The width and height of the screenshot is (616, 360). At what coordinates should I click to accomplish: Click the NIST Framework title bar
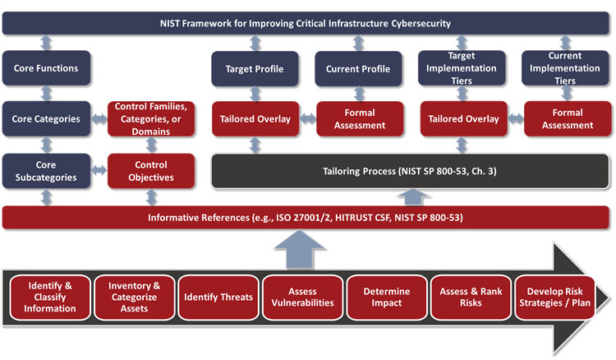pyautogui.click(x=306, y=23)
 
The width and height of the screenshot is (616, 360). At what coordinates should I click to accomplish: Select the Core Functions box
pyautogui.click(x=46, y=68)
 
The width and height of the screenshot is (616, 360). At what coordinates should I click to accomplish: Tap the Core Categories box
pyautogui.click(x=46, y=119)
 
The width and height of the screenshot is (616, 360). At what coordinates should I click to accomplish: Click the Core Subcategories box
pyautogui.click(x=46, y=170)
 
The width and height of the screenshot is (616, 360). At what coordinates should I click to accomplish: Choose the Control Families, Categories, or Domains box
pyautogui.click(x=151, y=119)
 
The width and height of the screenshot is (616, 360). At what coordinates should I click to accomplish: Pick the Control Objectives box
pyautogui.click(x=151, y=170)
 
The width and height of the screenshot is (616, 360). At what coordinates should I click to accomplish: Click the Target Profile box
pyautogui.click(x=255, y=68)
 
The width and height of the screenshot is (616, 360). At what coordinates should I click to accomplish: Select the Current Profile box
pyautogui.click(x=358, y=68)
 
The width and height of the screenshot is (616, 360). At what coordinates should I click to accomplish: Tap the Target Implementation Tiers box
pyautogui.click(x=463, y=68)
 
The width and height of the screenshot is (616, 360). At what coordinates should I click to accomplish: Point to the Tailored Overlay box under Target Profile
pyautogui.click(x=255, y=119)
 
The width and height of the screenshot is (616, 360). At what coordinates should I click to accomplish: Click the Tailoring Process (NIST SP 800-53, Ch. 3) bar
pyautogui.click(x=410, y=170)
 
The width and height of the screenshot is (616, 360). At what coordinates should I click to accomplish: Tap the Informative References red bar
pyautogui.click(x=306, y=218)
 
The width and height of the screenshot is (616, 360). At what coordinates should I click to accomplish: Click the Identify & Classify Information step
pyautogui.click(x=51, y=297)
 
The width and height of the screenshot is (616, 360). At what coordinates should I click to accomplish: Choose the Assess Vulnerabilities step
pyautogui.click(x=302, y=297)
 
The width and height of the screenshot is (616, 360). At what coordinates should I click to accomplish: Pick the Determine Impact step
pyautogui.click(x=386, y=297)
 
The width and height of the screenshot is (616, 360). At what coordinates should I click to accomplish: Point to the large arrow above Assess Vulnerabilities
pyautogui.click(x=302, y=248)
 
